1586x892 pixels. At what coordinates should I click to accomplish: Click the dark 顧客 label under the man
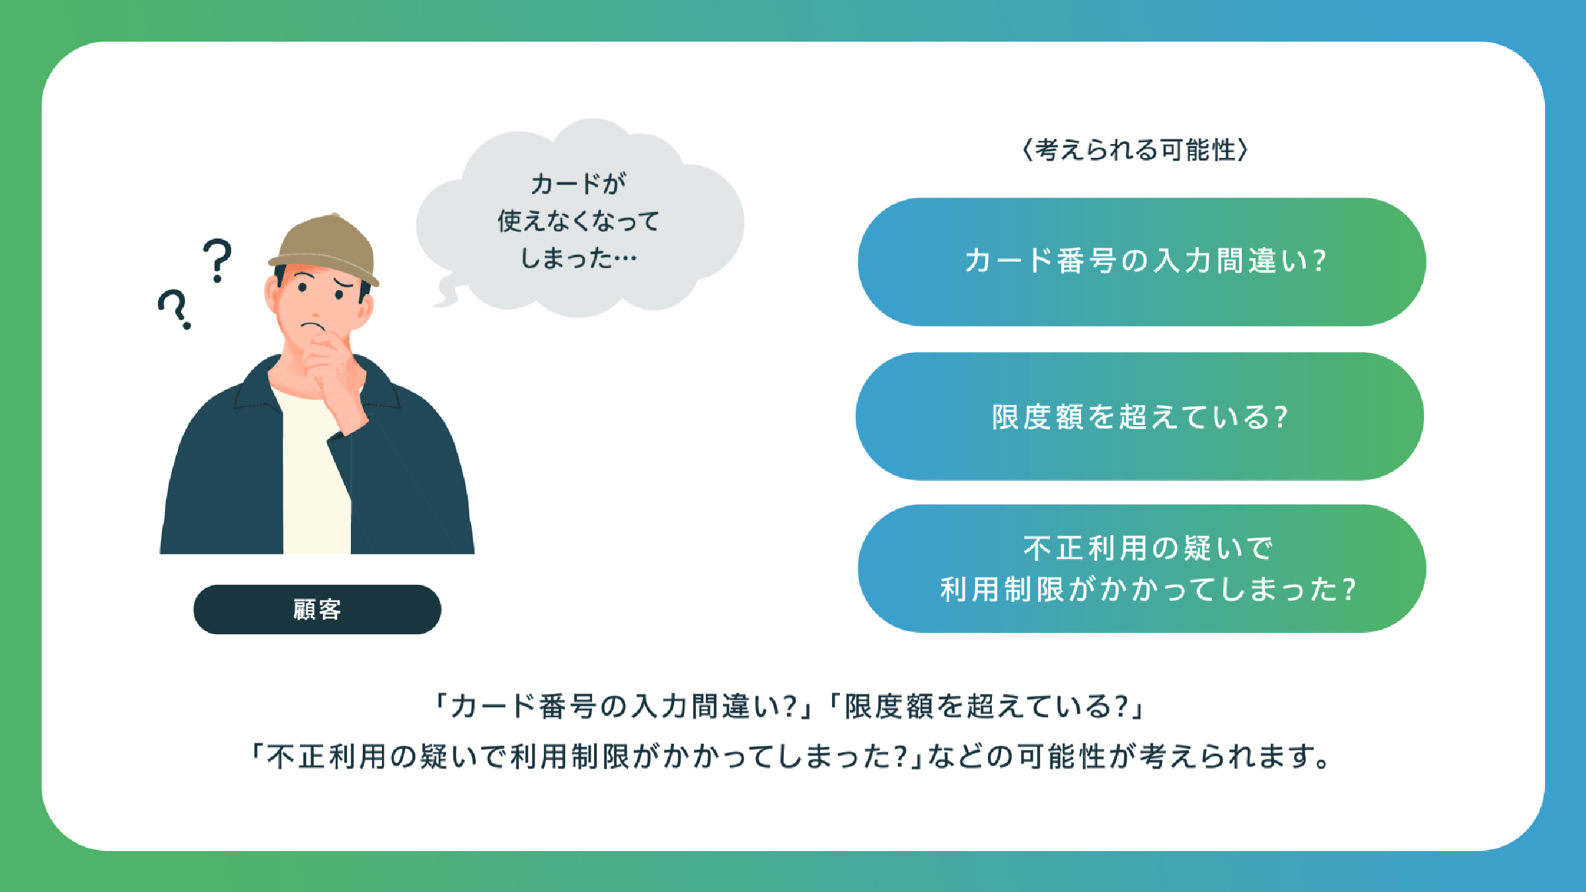click(317, 609)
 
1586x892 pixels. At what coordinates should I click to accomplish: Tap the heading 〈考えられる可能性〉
click(1135, 150)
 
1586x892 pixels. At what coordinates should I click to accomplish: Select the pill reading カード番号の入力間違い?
click(1142, 262)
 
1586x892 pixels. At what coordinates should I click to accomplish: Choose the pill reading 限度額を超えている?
click(1140, 416)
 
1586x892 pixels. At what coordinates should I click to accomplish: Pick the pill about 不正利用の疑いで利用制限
click(1142, 569)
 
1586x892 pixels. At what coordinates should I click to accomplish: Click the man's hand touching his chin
click(330, 370)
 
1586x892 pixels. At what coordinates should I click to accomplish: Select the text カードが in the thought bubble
click(579, 184)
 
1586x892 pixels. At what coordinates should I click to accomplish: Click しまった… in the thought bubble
click(579, 258)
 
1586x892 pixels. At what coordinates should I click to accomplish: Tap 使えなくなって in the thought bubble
click(579, 221)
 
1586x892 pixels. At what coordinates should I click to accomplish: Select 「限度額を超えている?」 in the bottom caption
click(987, 706)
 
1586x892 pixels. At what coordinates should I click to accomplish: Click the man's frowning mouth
click(313, 326)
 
